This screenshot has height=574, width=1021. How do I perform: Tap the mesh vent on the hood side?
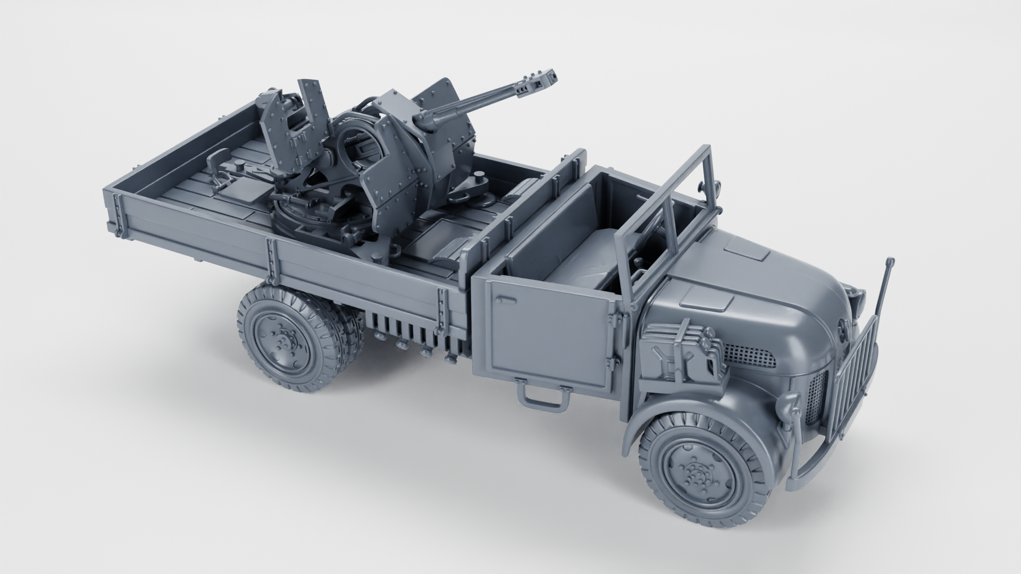pos(750,353)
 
